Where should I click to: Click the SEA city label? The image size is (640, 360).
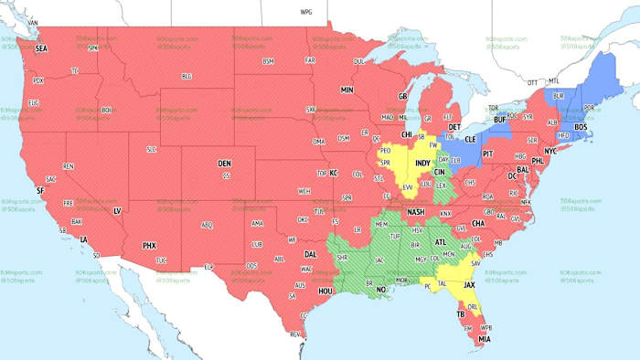(40, 51)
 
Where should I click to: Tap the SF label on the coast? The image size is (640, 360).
(39, 190)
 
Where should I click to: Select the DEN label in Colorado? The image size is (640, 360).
(224, 164)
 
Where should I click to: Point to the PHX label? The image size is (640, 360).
(150, 245)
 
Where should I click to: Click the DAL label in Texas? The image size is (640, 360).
(311, 255)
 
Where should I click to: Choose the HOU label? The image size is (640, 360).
(324, 290)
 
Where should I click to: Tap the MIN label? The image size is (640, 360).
(347, 90)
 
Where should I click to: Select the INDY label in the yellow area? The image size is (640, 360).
(423, 164)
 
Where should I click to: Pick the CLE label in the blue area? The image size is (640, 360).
(471, 142)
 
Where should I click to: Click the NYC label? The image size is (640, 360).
(550, 150)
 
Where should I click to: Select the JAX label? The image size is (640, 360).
(470, 284)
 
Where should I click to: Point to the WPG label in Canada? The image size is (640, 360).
(305, 13)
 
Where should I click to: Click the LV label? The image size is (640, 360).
(116, 211)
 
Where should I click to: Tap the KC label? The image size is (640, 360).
(334, 173)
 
